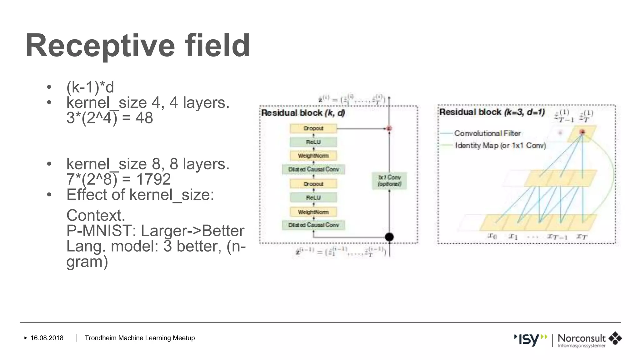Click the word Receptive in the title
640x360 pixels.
click(100, 46)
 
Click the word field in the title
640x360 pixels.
click(217, 46)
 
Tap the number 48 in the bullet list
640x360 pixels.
click(144, 118)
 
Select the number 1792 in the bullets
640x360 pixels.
click(153, 179)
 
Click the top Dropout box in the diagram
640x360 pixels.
click(313, 128)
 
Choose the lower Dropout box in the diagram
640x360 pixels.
click(313, 184)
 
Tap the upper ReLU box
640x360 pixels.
click(313, 142)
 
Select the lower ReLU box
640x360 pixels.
click(313, 197)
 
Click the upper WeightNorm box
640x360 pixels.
click(313, 156)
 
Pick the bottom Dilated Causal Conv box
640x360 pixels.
click(313, 225)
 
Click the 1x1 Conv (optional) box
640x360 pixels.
click(389, 181)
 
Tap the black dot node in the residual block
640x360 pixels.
click(389, 237)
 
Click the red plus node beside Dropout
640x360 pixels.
click(389, 128)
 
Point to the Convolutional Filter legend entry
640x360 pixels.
click(487, 133)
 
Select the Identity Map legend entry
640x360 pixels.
click(500, 146)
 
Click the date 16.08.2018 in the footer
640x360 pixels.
click(47, 338)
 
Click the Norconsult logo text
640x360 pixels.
click(582, 338)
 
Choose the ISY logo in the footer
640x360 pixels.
click(530, 339)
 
